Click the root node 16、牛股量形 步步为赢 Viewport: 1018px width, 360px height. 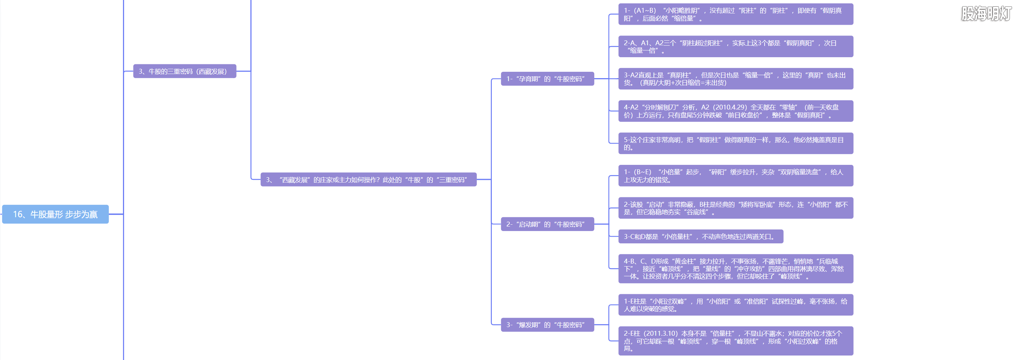click(55, 214)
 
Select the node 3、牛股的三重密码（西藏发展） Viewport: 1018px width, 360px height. click(185, 71)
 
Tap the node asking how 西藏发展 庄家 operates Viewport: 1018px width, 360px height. click(368, 180)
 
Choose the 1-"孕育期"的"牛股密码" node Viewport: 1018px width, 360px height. click(547, 79)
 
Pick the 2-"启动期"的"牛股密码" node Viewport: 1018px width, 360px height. click(547, 224)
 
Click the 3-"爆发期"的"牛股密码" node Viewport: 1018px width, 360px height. click(547, 325)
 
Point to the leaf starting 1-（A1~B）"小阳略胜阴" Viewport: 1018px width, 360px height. click(735, 14)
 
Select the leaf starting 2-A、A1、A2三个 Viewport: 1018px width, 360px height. click(735, 47)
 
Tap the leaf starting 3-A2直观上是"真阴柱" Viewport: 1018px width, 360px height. click(735, 79)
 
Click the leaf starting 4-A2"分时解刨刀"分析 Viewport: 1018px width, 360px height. click(735, 111)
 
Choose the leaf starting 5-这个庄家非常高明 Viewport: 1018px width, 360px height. click(735, 144)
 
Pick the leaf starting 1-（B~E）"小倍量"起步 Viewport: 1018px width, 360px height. click(735, 176)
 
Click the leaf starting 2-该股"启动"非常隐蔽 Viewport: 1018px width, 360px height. click(735, 208)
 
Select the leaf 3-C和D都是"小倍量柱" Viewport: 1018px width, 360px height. click(700, 237)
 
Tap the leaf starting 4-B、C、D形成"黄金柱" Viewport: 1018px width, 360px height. click(735, 269)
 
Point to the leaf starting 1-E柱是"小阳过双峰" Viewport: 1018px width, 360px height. click(735, 305)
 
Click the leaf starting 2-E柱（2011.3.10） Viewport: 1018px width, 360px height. click(735, 341)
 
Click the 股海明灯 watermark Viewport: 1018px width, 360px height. click(986, 14)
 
